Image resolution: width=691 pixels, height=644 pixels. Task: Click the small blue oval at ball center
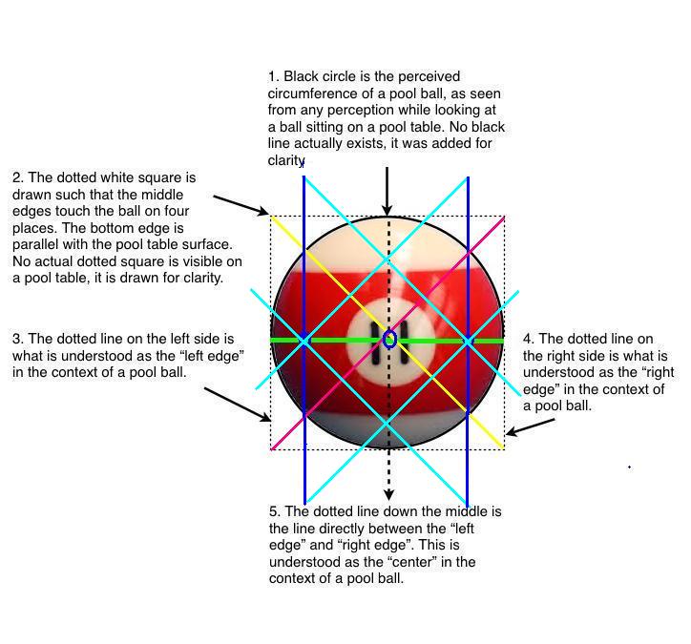390,340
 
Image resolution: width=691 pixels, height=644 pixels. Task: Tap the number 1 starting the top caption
271,76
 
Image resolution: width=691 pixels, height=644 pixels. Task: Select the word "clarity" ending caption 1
285,160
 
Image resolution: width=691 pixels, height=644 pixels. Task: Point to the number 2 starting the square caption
17,177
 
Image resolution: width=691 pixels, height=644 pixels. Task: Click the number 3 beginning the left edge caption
17,339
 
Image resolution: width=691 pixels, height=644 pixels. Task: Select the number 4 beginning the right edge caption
528,339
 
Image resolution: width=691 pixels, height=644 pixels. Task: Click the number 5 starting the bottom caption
274,511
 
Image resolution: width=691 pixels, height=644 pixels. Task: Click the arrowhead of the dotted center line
388,495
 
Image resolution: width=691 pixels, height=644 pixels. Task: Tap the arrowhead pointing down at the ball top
387,210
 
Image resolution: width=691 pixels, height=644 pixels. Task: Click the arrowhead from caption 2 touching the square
263,211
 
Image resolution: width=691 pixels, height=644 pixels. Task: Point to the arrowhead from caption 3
265,417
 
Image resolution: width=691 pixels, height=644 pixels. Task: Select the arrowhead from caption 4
511,431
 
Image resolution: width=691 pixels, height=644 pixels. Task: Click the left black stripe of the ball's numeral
376,343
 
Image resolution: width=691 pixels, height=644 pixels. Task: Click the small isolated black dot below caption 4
629,467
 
